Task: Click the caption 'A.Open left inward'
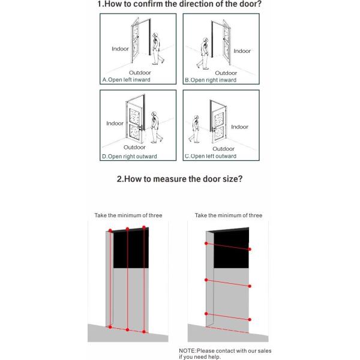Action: pos(127,79)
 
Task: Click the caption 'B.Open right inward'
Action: pos(211,79)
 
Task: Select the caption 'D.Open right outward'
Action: pos(130,156)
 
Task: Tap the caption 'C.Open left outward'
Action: pos(210,156)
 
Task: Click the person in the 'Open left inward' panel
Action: pos(157,49)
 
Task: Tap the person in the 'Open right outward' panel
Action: pos(156,126)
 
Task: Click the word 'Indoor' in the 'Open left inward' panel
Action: pos(120,49)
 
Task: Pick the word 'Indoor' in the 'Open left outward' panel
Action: pos(239,127)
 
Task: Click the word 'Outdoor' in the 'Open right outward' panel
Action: pos(134,147)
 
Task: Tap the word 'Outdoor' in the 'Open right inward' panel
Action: pos(226,73)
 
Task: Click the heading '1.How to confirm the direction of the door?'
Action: pos(179,5)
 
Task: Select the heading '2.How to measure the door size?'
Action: pos(179,178)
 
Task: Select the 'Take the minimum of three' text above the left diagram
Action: pos(128,215)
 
